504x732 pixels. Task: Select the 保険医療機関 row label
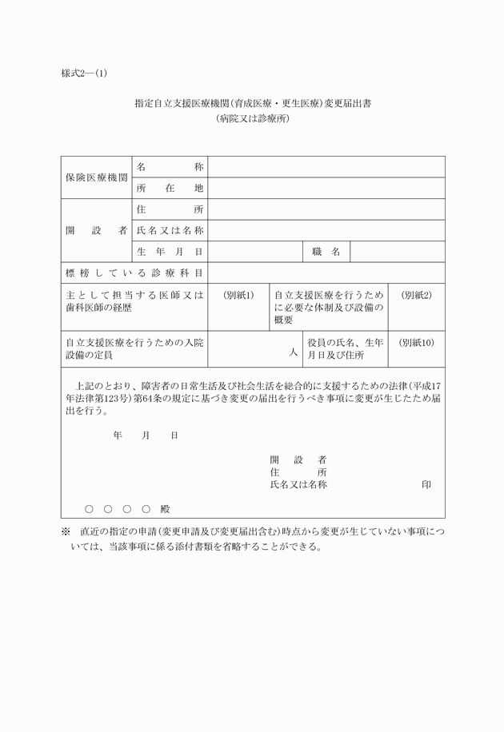tap(96, 177)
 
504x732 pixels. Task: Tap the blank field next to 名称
tap(326, 167)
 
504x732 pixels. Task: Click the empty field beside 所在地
tap(326, 189)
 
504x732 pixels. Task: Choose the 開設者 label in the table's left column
tap(96, 230)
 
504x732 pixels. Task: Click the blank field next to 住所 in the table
tap(326, 209)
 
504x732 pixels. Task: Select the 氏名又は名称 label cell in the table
tap(170, 230)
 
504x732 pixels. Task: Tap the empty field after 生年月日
tap(254, 252)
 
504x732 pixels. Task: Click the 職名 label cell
tap(326, 252)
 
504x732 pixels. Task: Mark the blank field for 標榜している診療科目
tap(326, 273)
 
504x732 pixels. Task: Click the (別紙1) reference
tap(238, 295)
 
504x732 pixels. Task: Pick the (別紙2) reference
tap(416, 295)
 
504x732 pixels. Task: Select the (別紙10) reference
tap(416, 342)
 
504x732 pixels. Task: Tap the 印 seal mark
tap(427, 485)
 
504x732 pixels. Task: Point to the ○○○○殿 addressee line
tap(127, 508)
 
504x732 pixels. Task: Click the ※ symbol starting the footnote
tap(66, 531)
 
